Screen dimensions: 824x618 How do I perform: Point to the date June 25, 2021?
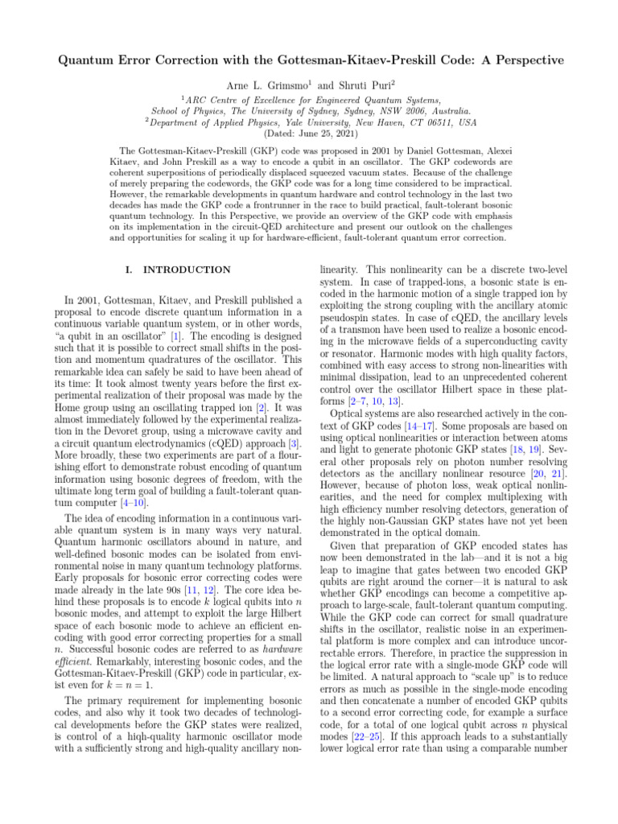(323, 134)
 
